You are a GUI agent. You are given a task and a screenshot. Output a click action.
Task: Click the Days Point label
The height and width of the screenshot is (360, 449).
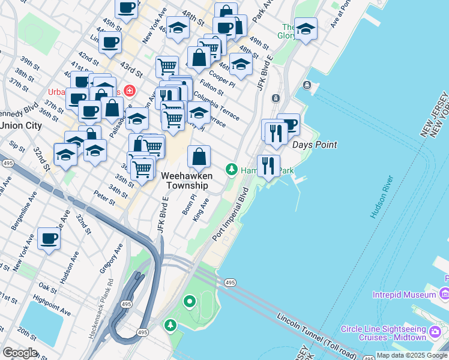click(x=314, y=145)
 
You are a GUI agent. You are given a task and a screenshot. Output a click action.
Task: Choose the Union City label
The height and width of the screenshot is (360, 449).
click(x=21, y=125)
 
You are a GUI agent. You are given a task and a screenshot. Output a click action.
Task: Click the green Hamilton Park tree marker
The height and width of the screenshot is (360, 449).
click(x=231, y=170)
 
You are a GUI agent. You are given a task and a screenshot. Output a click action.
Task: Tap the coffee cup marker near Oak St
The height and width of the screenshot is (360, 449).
click(x=49, y=239)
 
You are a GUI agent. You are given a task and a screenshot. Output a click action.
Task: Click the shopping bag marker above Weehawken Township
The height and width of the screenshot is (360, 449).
click(x=199, y=157)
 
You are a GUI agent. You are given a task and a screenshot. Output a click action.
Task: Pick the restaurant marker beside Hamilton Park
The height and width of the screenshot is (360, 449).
click(x=268, y=165)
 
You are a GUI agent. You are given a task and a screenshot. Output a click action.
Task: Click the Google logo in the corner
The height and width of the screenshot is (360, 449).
click(x=20, y=352)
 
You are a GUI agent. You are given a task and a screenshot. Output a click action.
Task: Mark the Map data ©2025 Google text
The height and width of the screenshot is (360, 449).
click(x=412, y=355)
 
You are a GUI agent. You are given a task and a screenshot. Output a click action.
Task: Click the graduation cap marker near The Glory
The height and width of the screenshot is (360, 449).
click(x=306, y=29)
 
